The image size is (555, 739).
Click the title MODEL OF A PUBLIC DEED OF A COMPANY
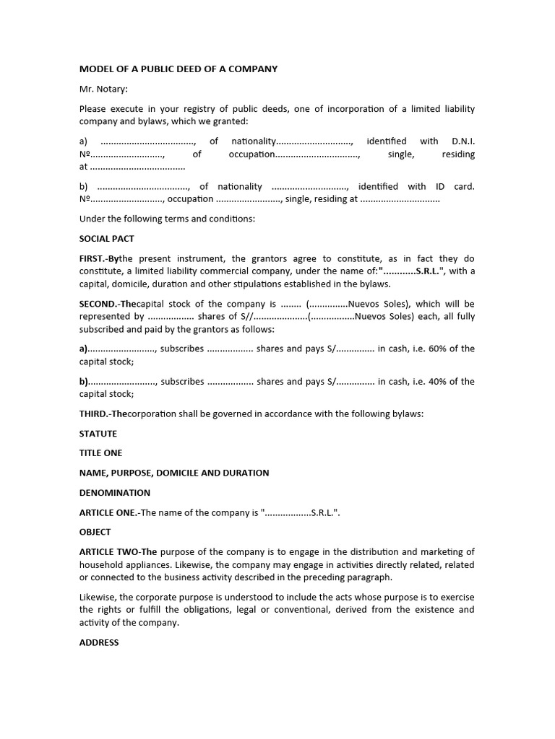point(178,69)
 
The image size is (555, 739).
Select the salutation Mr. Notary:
point(103,89)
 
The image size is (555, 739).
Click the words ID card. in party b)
point(455,186)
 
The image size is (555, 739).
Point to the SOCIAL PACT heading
point(106,239)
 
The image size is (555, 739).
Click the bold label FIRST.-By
point(99,258)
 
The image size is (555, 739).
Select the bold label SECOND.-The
point(108,304)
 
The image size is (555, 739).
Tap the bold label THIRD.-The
point(103,414)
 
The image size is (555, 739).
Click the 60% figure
point(438,349)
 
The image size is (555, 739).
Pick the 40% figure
point(438,382)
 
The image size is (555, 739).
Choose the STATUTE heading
point(98,434)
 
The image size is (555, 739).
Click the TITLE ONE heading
point(100,453)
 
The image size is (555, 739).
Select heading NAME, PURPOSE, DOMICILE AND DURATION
point(173,473)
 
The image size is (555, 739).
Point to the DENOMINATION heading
point(114,493)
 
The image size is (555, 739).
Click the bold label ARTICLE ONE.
point(108,513)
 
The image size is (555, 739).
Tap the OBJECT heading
point(95,532)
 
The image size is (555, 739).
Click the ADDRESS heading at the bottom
point(99,642)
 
